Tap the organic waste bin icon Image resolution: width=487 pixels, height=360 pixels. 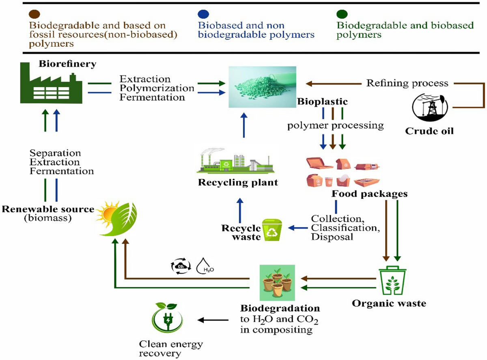tap(392, 281)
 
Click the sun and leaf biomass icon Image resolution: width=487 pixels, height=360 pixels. tap(117, 218)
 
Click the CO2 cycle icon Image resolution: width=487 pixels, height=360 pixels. tap(179, 266)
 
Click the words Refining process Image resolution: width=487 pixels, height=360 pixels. tap(407, 83)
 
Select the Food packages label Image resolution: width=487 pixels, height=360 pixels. tap(369, 194)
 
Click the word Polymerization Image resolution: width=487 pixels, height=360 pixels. tap(157, 88)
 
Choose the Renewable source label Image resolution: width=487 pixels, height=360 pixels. tap(47, 209)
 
